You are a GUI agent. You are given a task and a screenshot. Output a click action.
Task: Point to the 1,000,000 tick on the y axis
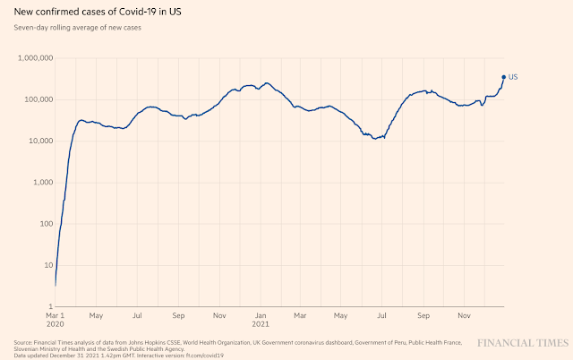coord(35,58)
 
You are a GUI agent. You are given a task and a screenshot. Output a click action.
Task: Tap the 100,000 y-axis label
coord(38,99)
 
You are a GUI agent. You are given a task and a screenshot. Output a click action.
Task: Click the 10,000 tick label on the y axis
coord(40,141)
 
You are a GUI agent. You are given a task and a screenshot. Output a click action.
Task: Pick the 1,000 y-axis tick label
coord(42,183)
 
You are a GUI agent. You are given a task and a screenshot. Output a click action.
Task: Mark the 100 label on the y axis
coord(46,224)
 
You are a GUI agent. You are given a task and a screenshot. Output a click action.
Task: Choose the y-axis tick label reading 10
coord(47,265)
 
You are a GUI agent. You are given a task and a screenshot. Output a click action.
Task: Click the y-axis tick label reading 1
coord(50,306)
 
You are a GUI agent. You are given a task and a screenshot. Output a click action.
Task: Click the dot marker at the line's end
coord(504,77)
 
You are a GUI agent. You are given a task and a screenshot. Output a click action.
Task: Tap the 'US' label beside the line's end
coord(513,77)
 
